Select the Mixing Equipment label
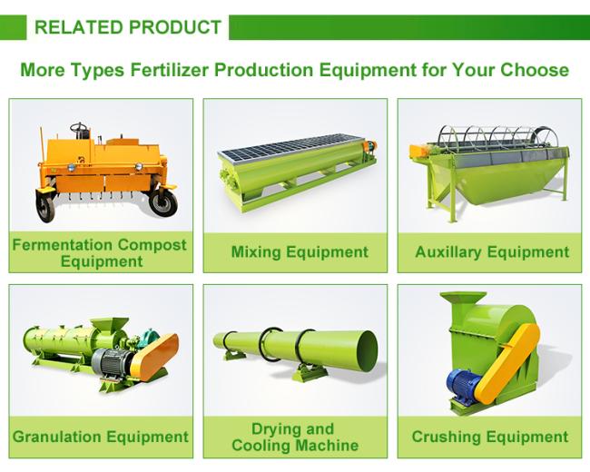click(x=300, y=252)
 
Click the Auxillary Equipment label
click(x=492, y=252)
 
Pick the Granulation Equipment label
click(x=101, y=437)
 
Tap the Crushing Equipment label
click(x=490, y=437)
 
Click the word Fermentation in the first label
click(x=63, y=245)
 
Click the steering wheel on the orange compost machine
click(x=79, y=127)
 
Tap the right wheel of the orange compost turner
click(x=162, y=203)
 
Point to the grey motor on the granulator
click(x=112, y=363)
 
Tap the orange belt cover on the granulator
click(x=156, y=357)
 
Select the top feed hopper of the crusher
click(x=463, y=300)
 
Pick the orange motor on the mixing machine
click(x=369, y=146)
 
